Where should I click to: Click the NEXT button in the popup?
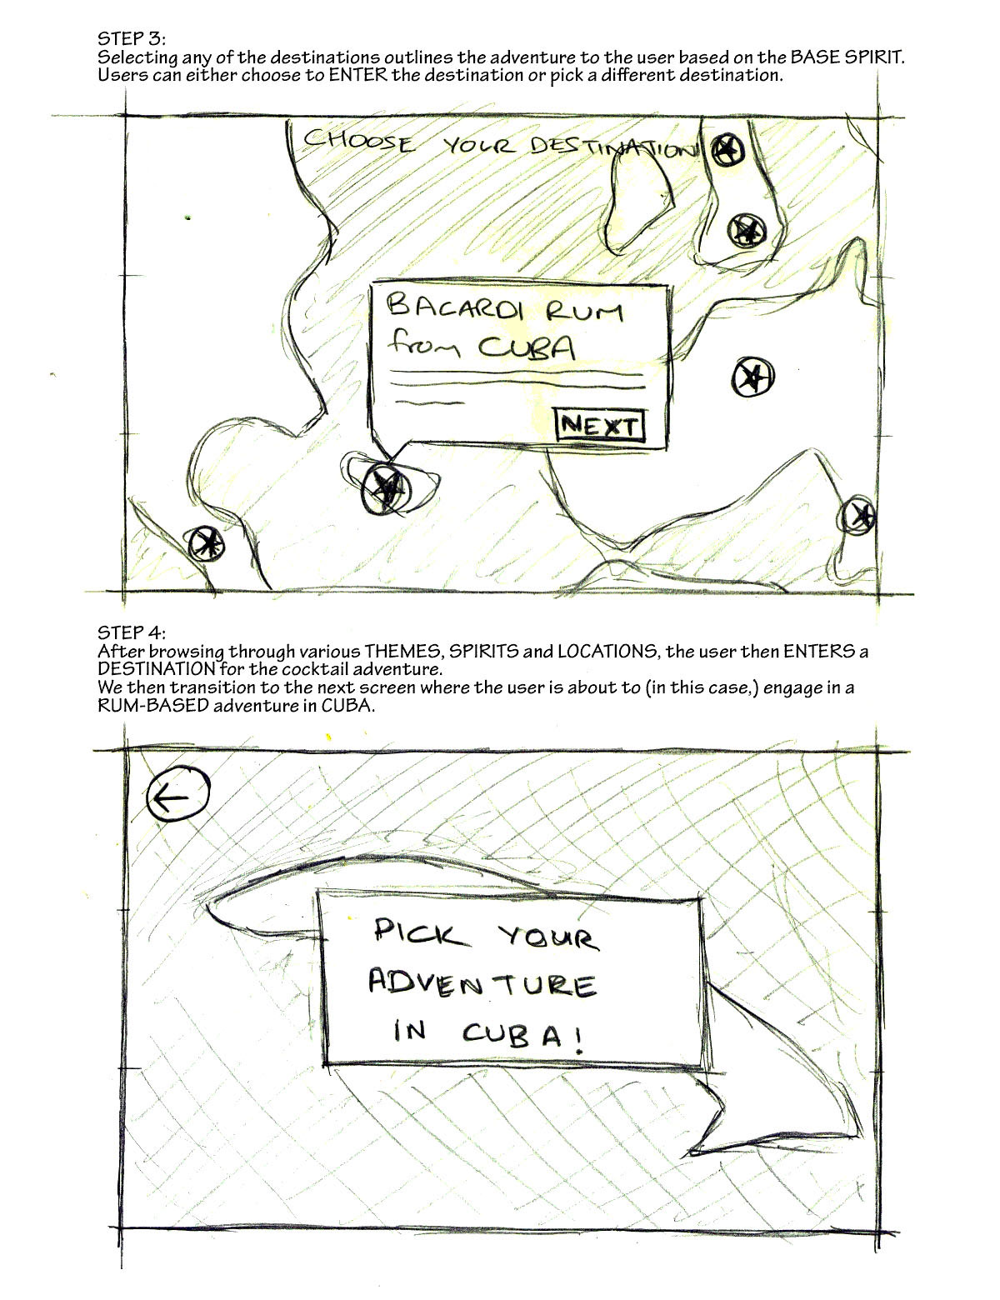click(x=600, y=425)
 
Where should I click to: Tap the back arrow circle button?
click(x=178, y=794)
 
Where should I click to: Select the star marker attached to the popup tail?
click(x=387, y=488)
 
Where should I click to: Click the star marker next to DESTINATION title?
click(x=727, y=149)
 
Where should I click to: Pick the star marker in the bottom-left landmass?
click(x=207, y=543)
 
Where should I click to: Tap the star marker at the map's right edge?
click(x=858, y=515)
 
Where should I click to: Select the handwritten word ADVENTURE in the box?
click(x=482, y=984)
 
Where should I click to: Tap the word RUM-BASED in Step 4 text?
click(x=153, y=705)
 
